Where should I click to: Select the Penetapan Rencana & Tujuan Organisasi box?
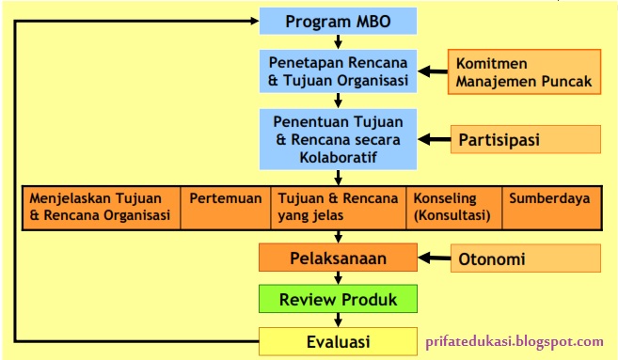pyautogui.click(x=338, y=71)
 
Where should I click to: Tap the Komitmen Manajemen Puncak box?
pyautogui.click(x=524, y=72)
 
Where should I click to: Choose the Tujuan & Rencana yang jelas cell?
pyautogui.click(x=338, y=207)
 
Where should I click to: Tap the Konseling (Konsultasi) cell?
pyautogui.click(x=454, y=207)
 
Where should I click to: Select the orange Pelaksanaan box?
pyautogui.click(x=338, y=257)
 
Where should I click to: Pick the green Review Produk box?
pyautogui.click(x=338, y=300)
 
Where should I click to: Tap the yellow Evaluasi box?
pyautogui.click(x=338, y=340)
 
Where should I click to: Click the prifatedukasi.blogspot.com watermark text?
pyautogui.click(x=515, y=342)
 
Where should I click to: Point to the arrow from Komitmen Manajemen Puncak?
pyautogui.click(x=432, y=71)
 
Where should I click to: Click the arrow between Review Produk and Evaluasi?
pyautogui.click(x=338, y=320)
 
